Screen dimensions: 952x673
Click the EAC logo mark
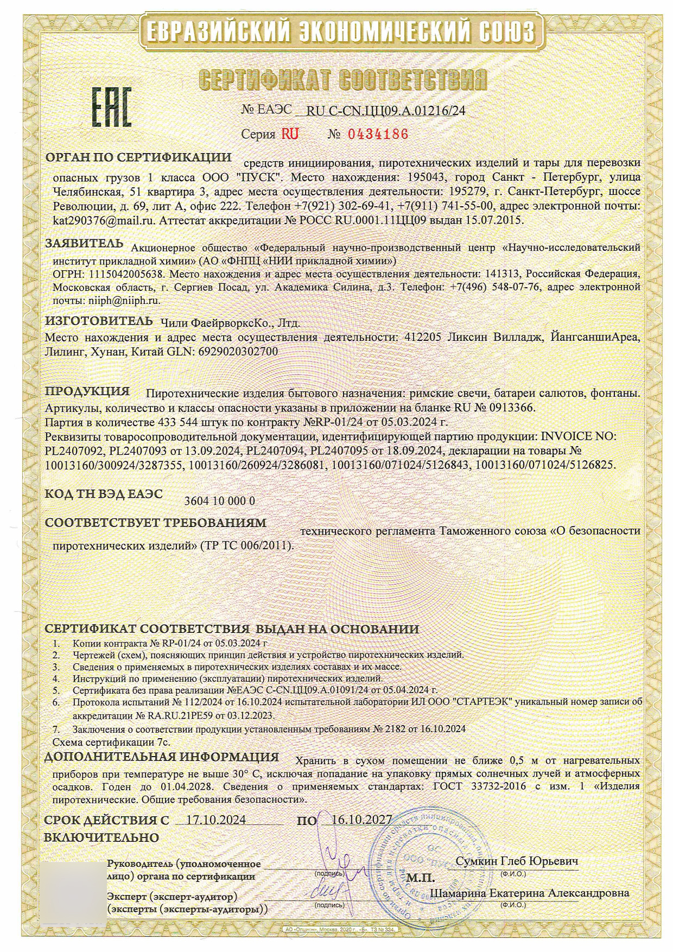point(111,108)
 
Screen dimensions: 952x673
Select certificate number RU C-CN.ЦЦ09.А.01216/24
point(386,111)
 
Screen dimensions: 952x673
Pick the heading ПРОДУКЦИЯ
point(87,391)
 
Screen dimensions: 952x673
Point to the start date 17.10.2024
point(215,820)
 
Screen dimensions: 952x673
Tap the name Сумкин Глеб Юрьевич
point(517,861)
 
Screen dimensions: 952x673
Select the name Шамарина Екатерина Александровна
point(529,893)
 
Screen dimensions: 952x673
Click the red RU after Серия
point(289,134)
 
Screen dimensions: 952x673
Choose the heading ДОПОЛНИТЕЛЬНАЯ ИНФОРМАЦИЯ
point(161,757)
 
